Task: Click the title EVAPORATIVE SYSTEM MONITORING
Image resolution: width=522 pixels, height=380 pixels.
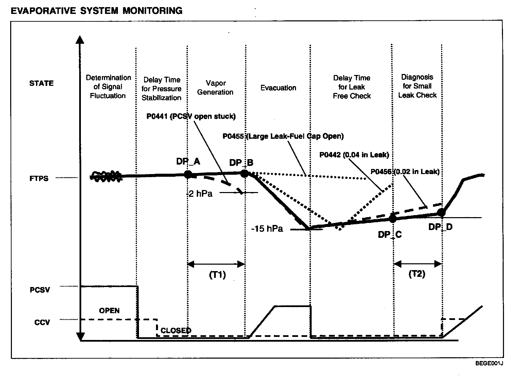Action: [97, 11]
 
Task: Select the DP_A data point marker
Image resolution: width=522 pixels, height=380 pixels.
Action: [188, 174]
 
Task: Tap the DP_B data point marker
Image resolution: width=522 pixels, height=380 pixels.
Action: [244, 173]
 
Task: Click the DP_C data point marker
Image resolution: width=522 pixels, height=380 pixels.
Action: [393, 218]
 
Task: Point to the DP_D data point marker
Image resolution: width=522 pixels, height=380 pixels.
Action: [441, 213]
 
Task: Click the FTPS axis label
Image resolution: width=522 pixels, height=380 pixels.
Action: [39, 178]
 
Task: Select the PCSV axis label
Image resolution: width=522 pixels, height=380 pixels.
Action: [40, 290]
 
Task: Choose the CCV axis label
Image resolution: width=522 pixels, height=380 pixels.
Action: [42, 322]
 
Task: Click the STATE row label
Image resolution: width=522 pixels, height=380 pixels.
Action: [41, 83]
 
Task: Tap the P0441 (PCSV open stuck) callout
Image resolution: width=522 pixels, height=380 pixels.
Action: [191, 116]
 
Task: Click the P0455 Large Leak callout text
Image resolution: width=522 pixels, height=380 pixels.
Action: [283, 136]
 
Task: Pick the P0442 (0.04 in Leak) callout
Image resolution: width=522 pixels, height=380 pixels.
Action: [354, 155]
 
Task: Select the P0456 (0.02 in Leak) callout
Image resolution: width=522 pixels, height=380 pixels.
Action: [405, 172]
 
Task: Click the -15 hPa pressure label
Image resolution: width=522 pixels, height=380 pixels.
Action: [267, 229]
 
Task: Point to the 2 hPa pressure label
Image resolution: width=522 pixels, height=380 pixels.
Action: [201, 194]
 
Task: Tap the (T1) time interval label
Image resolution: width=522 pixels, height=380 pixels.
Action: [217, 274]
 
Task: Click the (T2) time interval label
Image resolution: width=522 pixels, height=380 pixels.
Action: [417, 274]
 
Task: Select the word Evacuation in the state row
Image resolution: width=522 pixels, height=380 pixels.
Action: [278, 88]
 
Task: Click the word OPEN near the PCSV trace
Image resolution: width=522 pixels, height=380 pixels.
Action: [109, 310]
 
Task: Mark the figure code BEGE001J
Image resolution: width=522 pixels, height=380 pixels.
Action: [489, 364]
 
